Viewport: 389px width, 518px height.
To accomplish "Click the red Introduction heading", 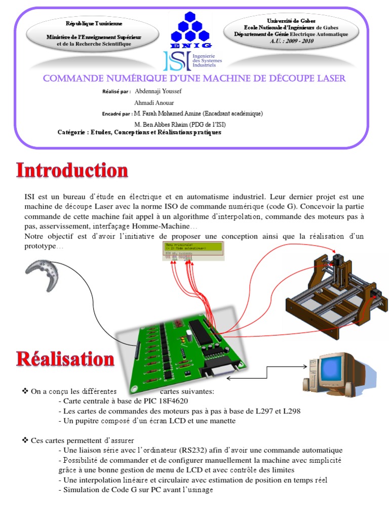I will tap(72, 170).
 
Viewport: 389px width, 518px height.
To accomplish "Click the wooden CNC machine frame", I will tap(334, 289).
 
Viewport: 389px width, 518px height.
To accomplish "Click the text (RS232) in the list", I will tap(194, 450).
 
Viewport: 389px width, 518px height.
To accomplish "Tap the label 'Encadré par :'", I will tap(117, 114).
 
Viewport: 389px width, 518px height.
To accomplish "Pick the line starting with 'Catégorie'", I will tap(139, 132).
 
